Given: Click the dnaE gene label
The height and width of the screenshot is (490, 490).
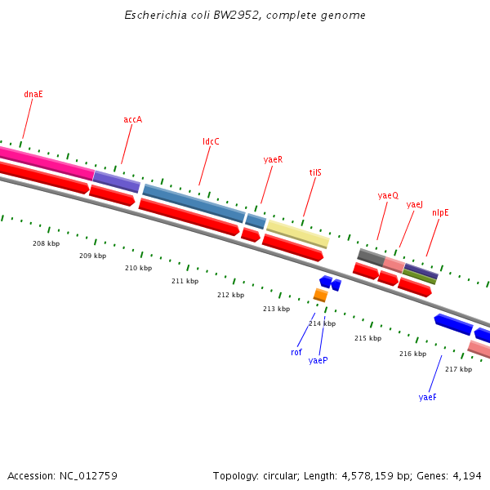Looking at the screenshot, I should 33,94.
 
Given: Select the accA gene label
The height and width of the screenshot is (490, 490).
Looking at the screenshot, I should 133,119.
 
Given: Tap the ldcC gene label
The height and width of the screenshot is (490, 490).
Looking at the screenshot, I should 211,141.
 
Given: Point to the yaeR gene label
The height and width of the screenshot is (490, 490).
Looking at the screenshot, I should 273,159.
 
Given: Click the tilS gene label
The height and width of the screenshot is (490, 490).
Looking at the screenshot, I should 315,172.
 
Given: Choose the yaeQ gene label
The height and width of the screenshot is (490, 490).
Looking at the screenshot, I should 388,195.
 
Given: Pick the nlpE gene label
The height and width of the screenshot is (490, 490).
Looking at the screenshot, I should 440,212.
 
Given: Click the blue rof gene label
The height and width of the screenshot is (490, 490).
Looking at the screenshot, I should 296,352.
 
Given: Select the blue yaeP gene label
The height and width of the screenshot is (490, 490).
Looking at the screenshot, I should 318,360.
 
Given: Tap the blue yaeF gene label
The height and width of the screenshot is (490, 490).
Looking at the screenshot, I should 428,397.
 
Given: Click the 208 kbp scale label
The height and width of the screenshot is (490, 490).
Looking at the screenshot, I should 46,243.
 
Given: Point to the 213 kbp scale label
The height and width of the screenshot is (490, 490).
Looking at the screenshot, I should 276,309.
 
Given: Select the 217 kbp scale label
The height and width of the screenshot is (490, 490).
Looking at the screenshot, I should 458,369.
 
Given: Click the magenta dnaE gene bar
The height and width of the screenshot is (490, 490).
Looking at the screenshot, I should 45,161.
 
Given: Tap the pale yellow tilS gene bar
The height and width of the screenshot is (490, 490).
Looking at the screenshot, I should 297,233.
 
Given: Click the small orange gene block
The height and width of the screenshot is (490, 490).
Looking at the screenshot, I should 320,295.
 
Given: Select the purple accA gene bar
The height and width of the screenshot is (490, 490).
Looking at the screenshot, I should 116,181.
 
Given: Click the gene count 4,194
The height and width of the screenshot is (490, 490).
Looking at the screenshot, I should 466,475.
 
